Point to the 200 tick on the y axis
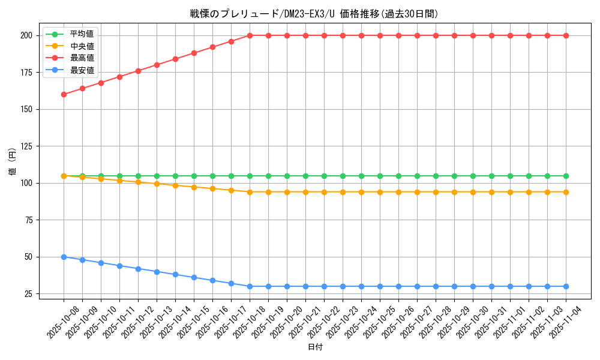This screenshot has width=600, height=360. (26, 35)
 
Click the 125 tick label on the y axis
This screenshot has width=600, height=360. (26, 146)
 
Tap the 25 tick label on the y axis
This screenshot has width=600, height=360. (28, 294)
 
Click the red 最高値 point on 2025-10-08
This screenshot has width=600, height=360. (64, 94)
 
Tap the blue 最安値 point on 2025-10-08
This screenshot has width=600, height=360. (64, 257)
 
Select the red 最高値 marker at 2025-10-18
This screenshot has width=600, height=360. (250, 35)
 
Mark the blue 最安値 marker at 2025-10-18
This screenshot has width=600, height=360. (250, 286)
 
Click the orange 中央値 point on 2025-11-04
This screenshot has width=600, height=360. (566, 192)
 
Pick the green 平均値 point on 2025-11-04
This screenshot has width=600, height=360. (566, 176)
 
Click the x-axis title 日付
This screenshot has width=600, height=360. (315, 347)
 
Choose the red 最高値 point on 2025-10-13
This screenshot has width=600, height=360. (157, 65)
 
